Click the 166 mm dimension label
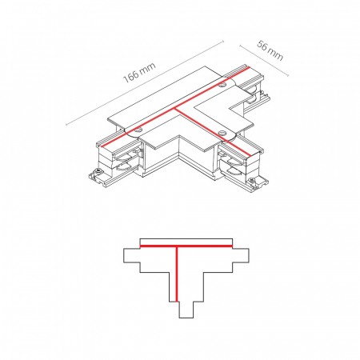coord(139,73)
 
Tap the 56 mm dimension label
coord(270,50)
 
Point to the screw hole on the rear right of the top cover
coord(222,86)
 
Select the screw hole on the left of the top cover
coord(138,130)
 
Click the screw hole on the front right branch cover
coord(222,132)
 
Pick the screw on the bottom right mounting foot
coord(252,181)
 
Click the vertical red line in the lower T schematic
coord(177,274)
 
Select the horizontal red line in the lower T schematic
coord(186,246)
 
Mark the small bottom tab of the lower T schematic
coord(186,310)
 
